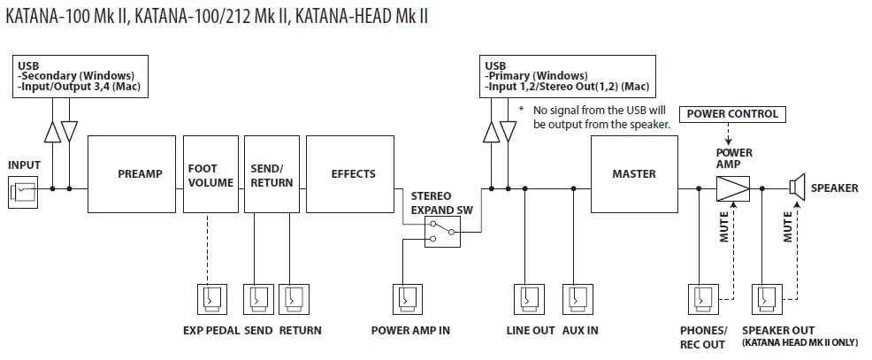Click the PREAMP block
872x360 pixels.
point(140,174)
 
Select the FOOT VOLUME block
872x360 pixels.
point(210,174)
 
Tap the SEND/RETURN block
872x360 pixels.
point(271,174)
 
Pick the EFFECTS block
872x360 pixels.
point(353,174)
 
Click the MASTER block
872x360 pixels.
point(633,174)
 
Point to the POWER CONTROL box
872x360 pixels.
point(732,114)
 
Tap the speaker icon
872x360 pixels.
point(796,188)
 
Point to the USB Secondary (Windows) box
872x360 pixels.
point(80,76)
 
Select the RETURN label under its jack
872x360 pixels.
point(300,331)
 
